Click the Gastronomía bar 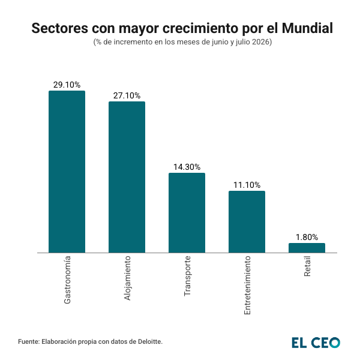pyautogui.click(x=67, y=172)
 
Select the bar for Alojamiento pyautogui.click(x=127, y=177)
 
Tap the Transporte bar pyautogui.click(x=187, y=213)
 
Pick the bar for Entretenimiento pyautogui.click(x=247, y=222)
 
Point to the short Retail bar pyautogui.click(x=307, y=248)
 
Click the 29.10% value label pyautogui.click(x=67, y=85)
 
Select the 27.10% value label pyautogui.click(x=127, y=95)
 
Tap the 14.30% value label pyautogui.click(x=187, y=167)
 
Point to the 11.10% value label pyautogui.click(x=247, y=185)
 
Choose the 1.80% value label pyautogui.click(x=307, y=237)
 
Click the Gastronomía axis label pyautogui.click(x=67, y=280)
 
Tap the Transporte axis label pyautogui.click(x=187, y=277)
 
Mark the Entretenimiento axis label pyautogui.click(x=247, y=286)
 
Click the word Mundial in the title pyautogui.click(x=304, y=28)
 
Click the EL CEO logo pyautogui.click(x=316, y=342)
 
